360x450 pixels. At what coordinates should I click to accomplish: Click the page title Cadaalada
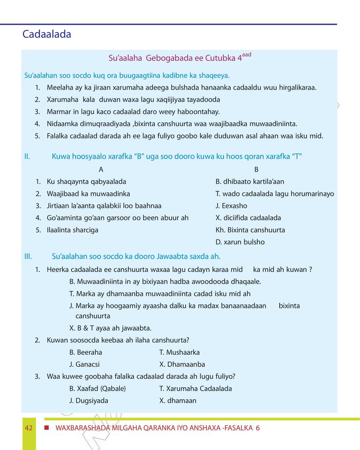[47, 34]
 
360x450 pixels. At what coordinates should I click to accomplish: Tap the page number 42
[28, 428]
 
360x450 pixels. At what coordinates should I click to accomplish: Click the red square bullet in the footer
[47, 428]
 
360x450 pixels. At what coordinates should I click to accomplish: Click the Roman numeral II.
[27, 156]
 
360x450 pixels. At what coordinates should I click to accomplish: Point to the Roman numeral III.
[28, 256]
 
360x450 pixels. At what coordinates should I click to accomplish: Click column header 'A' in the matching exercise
[101, 170]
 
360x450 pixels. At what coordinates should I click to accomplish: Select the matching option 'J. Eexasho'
[231, 206]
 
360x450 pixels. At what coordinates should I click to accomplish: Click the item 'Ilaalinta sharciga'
[72, 230]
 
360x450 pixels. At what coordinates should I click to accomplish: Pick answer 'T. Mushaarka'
[179, 352]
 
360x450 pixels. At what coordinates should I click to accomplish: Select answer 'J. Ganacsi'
[84, 364]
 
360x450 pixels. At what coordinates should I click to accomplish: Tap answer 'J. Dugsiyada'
[88, 400]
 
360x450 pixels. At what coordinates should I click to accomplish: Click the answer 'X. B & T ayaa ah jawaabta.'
[110, 328]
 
